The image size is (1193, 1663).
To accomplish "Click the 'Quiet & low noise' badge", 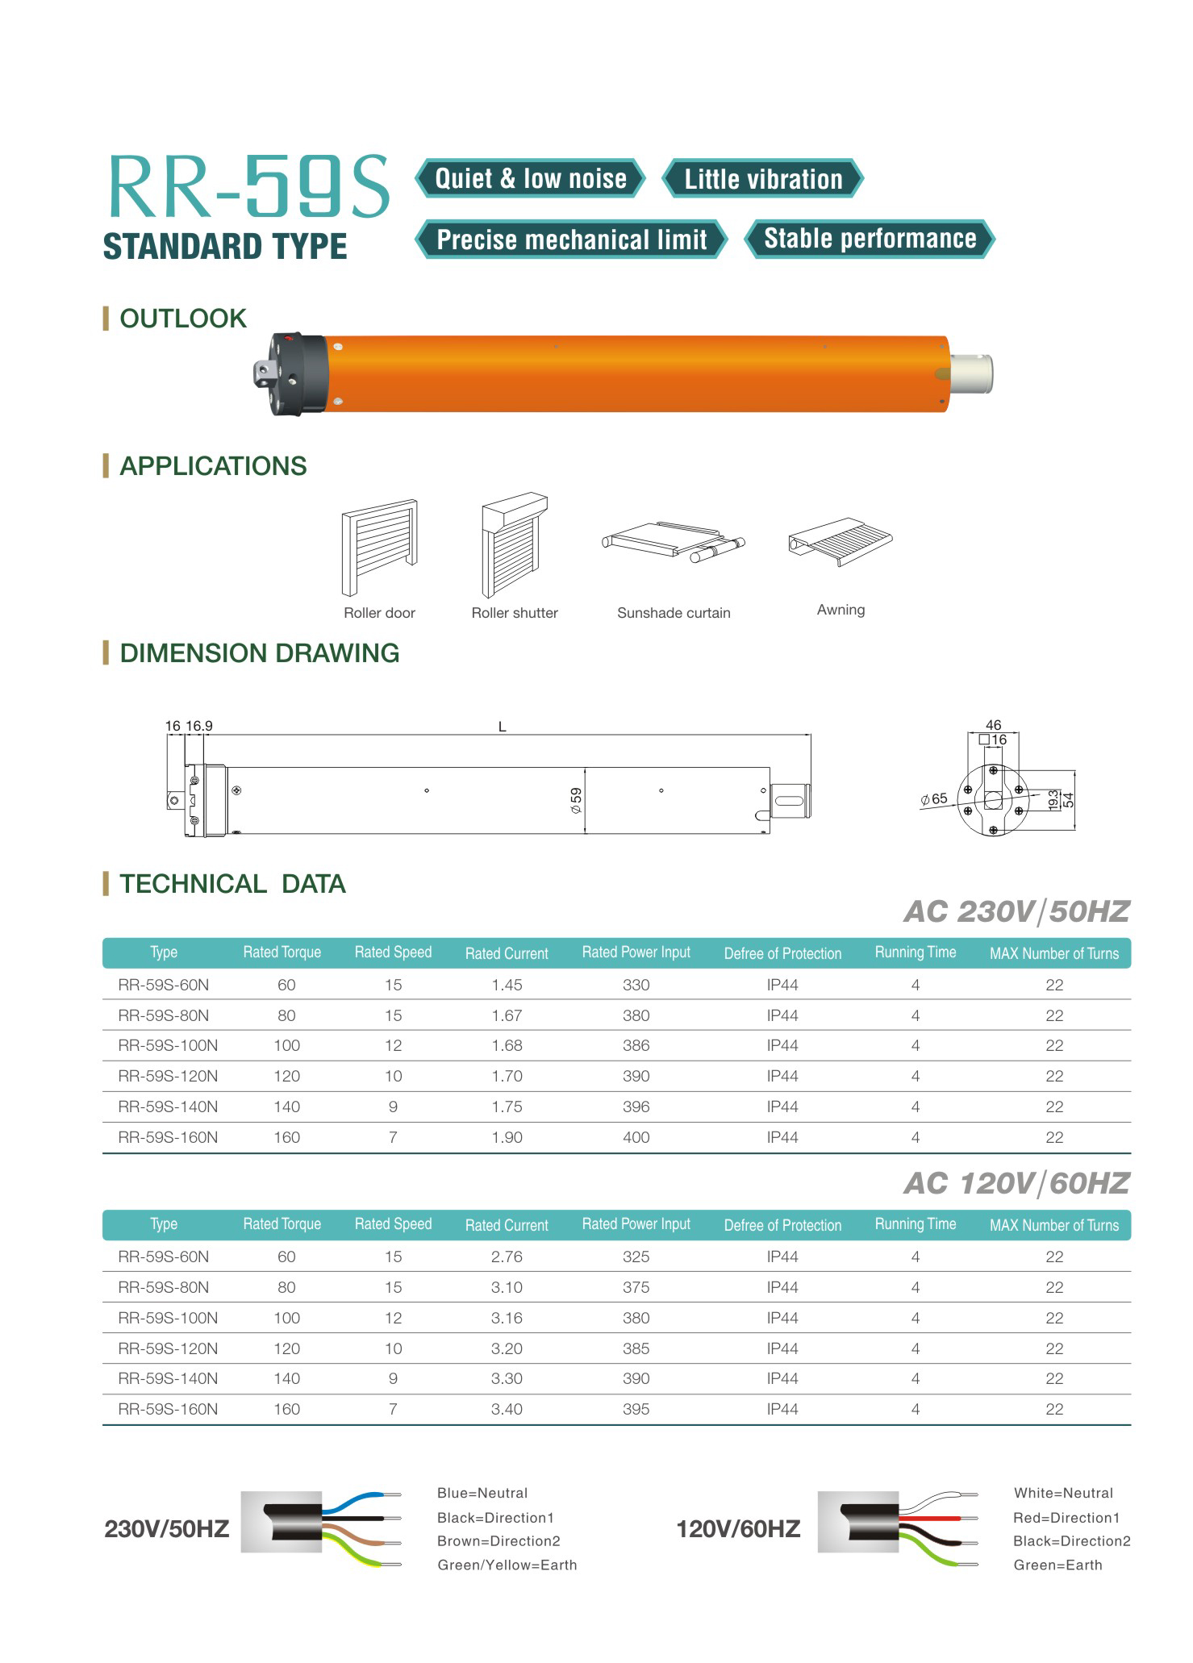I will tap(530, 178).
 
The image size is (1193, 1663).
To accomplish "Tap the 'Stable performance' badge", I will tap(870, 239).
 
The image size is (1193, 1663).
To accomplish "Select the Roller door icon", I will tap(379, 548).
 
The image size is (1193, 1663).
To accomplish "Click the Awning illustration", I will tap(841, 541).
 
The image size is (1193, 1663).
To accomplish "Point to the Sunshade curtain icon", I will tap(673, 543).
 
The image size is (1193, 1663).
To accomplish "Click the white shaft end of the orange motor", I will tap(971, 374).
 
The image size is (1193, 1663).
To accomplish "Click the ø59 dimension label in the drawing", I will tap(576, 800).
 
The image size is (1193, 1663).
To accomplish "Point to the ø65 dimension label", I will tap(934, 799).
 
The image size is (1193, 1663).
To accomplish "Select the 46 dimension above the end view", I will tap(993, 725).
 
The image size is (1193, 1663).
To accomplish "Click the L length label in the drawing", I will tap(502, 727).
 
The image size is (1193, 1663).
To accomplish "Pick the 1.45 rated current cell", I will tap(507, 985).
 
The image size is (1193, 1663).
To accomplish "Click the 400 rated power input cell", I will tap(636, 1137).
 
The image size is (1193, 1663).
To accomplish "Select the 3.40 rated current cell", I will tap(507, 1409).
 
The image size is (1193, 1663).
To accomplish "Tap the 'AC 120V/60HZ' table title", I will tap(1016, 1183).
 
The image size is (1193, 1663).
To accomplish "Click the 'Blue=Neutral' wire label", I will tap(482, 1493).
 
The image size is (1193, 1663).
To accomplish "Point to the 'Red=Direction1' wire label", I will tap(1066, 1518).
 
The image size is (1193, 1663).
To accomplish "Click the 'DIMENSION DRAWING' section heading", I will tap(259, 652).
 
